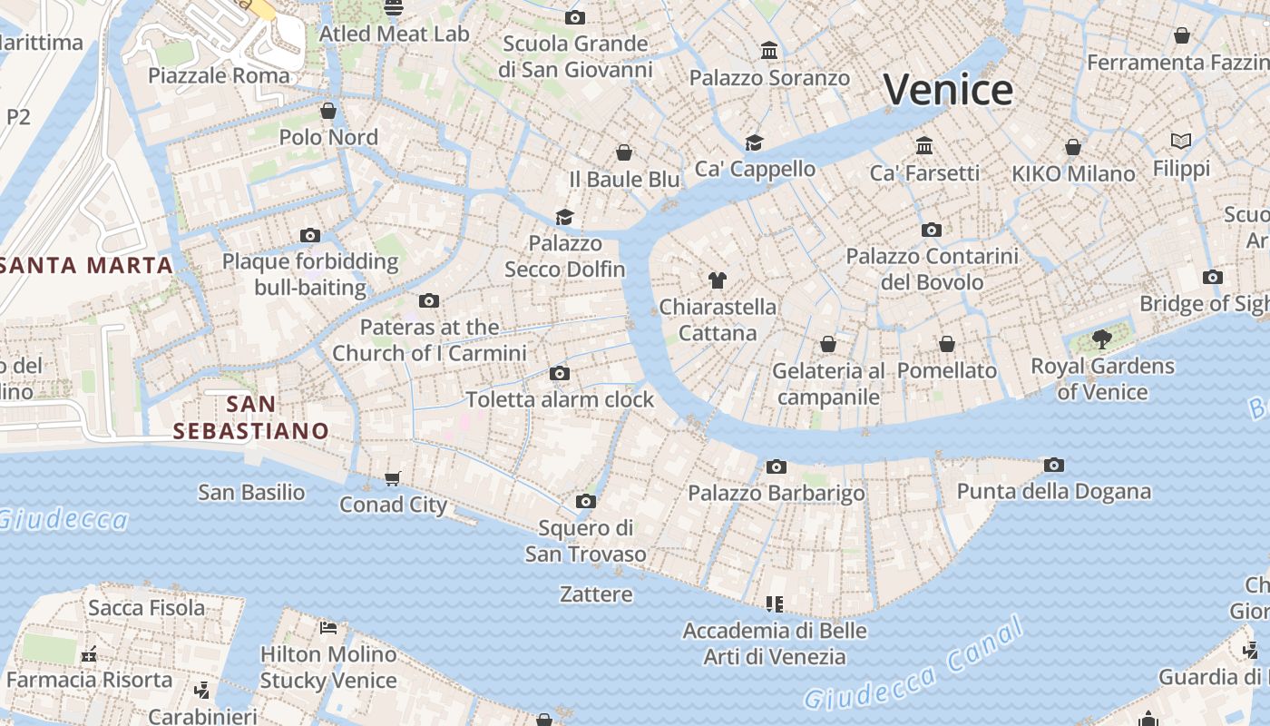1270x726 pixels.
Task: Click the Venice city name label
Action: pos(948,89)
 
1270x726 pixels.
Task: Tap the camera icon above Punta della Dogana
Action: pos(1053,465)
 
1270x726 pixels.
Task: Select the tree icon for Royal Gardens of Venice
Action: pos(1102,339)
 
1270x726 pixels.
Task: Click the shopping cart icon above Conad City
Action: pos(393,478)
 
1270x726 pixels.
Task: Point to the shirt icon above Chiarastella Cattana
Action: pos(718,280)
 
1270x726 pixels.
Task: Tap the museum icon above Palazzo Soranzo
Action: pos(769,50)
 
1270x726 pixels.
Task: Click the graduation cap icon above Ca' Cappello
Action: pos(754,142)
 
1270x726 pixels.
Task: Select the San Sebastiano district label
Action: pos(251,417)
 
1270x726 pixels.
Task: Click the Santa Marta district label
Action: pos(87,265)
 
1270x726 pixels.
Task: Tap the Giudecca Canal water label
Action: pos(913,665)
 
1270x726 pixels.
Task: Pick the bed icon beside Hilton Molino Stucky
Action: pos(328,627)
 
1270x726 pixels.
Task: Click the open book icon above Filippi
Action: pos(1180,141)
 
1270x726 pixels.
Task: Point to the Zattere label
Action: pos(596,594)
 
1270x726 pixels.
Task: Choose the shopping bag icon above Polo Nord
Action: pos(328,111)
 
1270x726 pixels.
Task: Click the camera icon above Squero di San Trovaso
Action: pos(586,501)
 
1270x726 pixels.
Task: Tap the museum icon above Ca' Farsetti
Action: pos(924,145)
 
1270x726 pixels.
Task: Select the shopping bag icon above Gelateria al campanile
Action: pos(828,344)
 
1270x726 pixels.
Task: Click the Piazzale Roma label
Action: pos(219,75)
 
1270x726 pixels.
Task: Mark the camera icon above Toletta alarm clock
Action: pos(560,373)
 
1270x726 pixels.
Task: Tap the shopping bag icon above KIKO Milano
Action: pos(1073,147)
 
